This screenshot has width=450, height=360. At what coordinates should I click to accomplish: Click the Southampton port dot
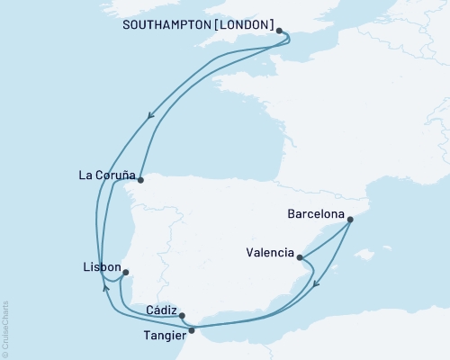tap(280, 31)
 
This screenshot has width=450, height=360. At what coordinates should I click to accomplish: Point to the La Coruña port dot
tap(139, 178)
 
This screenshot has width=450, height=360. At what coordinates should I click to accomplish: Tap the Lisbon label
tap(98, 267)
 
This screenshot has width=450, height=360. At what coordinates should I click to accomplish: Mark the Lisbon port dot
tap(126, 273)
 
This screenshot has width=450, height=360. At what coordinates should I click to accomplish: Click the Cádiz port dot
tap(183, 315)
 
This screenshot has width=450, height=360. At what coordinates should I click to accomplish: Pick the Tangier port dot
tap(191, 329)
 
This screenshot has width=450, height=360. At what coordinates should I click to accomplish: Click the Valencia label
tap(269, 254)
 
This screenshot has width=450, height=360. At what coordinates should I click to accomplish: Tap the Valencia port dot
tap(299, 258)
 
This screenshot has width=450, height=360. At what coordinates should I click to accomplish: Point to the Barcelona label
tap(315, 216)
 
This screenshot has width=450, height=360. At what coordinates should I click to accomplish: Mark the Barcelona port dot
tap(349, 219)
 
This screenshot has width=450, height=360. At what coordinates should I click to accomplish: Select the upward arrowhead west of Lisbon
tap(106, 290)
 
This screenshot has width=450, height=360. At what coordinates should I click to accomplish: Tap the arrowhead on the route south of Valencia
tap(317, 287)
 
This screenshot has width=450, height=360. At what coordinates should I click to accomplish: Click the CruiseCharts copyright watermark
tap(5, 328)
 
